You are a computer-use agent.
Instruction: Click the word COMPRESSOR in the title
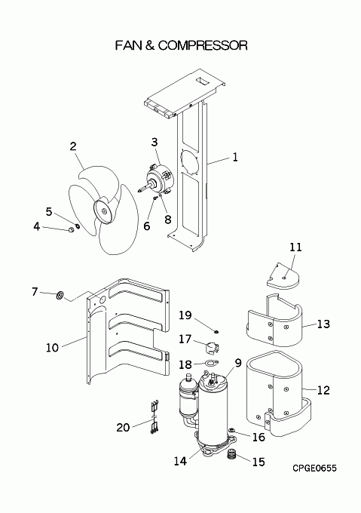(x=203, y=45)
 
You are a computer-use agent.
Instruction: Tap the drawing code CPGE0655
(x=314, y=468)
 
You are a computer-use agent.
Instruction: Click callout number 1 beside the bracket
(x=235, y=158)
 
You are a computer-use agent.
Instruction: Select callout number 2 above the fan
(x=73, y=146)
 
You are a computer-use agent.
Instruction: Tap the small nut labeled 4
(x=70, y=229)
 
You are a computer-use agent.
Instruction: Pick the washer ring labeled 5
(x=78, y=226)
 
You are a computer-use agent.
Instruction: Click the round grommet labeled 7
(x=60, y=296)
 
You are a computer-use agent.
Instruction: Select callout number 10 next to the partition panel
(x=52, y=348)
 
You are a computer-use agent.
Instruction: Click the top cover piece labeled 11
(x=283, y=275)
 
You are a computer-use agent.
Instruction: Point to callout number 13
(x=323, y=324)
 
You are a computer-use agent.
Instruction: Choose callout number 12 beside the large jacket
(x=323, y=390)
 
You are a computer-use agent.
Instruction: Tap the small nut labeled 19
(x=216, y=332)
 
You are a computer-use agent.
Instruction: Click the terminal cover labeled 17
(x=212, y=348)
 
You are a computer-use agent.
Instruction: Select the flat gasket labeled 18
(x=211, y=363)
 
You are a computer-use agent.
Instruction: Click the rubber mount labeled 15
(x=231, y=454)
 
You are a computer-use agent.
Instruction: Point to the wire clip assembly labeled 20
(x=154, y=418)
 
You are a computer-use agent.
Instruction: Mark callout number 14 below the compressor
(x=180, y=461)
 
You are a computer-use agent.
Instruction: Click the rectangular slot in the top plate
(x=200, y=81)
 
